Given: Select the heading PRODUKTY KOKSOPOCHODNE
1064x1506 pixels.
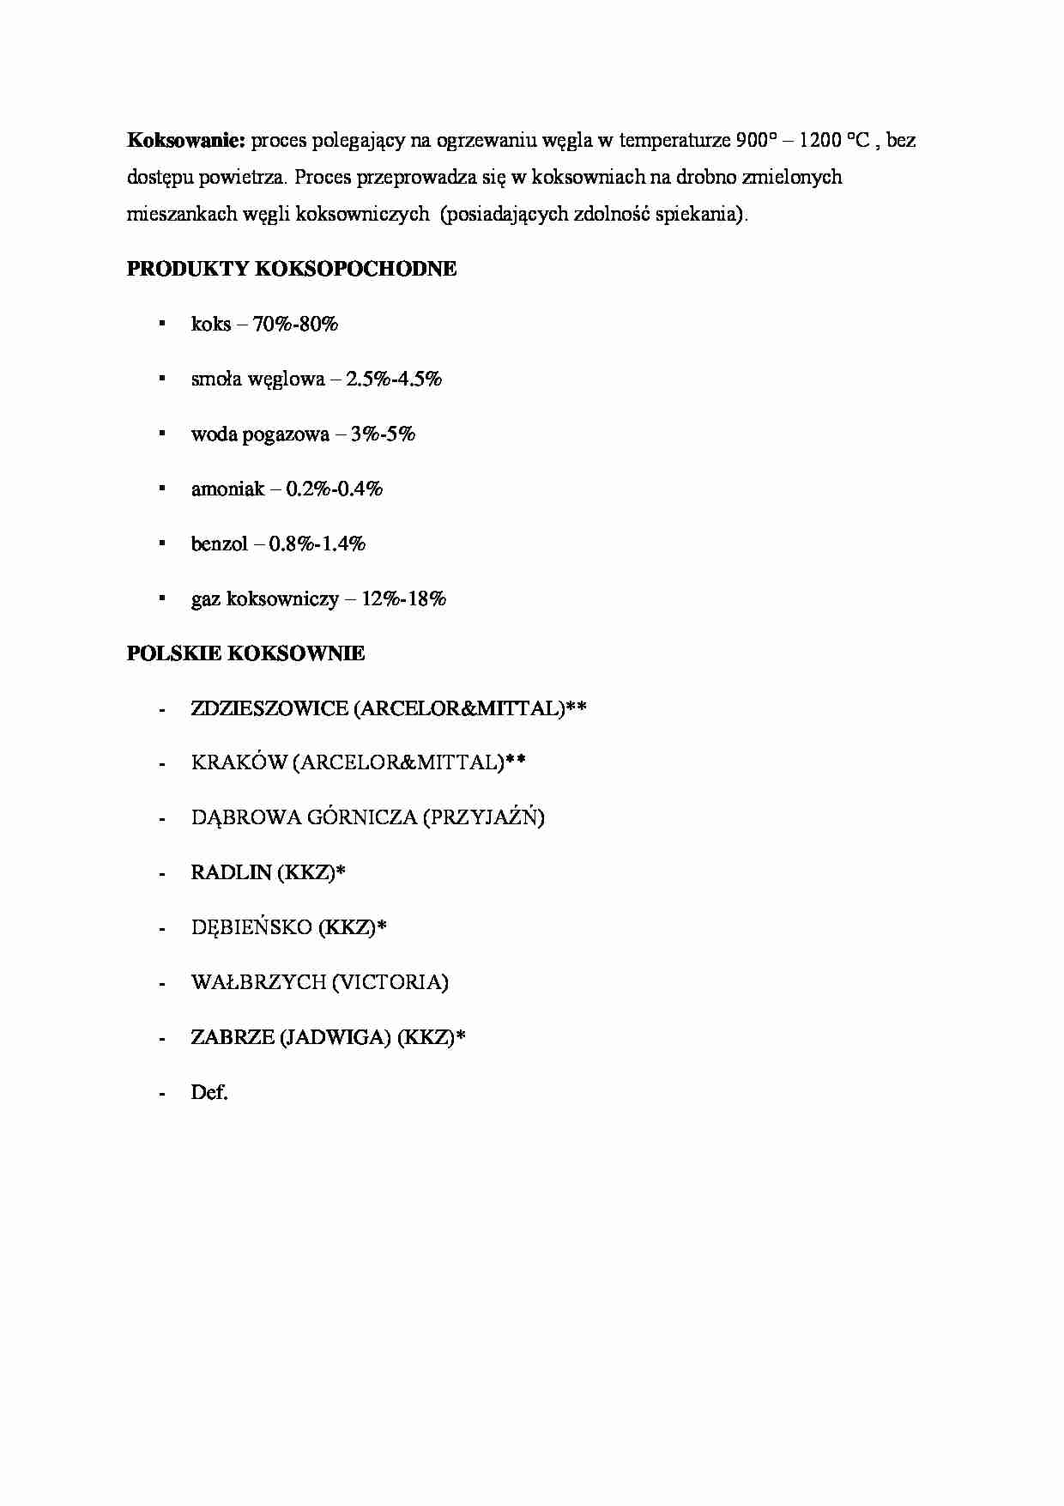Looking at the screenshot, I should pos(292,269).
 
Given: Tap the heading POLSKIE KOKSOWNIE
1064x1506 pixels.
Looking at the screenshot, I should pos(245,653).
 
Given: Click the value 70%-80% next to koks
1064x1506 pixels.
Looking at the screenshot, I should pos(296,324).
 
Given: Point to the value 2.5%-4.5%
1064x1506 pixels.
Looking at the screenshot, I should pos(394,379).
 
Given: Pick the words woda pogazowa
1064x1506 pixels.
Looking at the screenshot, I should pos(260,434).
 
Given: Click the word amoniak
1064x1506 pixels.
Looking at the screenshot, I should pos(227,489).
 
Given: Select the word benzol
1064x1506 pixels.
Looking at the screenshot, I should pos(219,543).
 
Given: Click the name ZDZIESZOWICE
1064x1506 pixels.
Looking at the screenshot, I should pos(269,708).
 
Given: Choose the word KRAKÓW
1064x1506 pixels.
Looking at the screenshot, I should pos(239,763).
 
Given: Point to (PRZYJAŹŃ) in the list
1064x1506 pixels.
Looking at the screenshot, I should pos(483,817).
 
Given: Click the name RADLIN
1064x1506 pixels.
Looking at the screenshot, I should pos(231,872).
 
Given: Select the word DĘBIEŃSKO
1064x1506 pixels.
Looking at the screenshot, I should pos(251,927).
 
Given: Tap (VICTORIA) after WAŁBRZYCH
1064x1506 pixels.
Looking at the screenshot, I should pos(390,982).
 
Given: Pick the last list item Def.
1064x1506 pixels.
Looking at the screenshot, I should pos(209,1092).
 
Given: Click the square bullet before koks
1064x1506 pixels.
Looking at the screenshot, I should pos(161,324).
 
